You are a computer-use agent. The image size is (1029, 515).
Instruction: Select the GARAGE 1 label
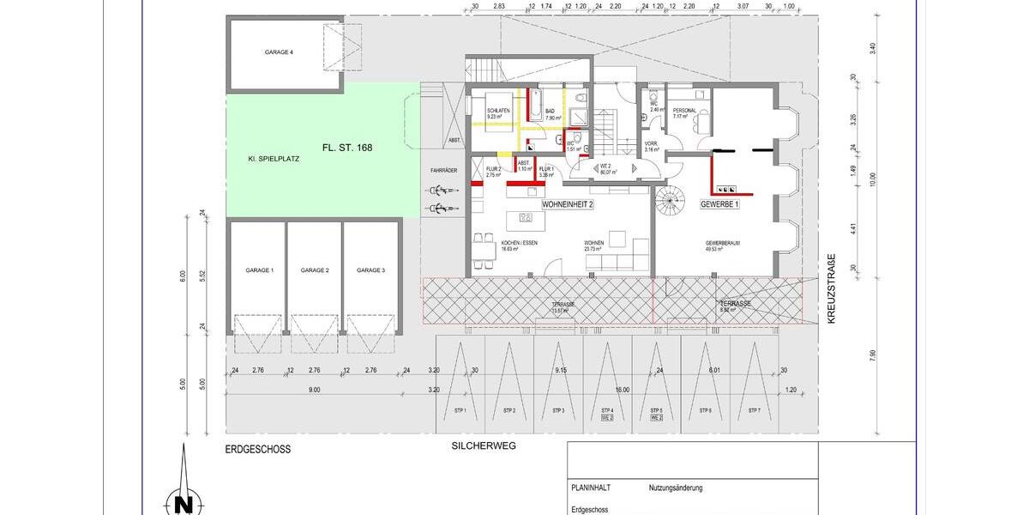(260, 270)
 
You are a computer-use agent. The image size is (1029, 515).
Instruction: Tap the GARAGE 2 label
(315, 270)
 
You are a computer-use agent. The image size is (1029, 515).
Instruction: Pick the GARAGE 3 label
(370, 270)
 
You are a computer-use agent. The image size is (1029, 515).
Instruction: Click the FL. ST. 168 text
(347, 148)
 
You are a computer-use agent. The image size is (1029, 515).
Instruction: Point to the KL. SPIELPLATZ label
(273, 160)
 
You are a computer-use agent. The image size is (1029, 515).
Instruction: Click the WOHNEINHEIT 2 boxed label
(567, 205)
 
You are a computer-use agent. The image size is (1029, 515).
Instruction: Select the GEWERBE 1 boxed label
(719, 205)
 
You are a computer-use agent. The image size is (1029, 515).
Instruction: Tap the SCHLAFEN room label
(499, 112)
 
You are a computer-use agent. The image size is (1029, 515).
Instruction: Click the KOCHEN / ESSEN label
(519, 244)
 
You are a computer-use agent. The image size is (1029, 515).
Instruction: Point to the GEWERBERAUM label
(723, 244)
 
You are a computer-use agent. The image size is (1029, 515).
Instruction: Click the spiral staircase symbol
(671, 203)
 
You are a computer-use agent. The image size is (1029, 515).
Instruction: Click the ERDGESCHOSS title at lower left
(258, 449)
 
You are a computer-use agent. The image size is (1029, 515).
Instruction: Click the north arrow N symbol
(182, 500)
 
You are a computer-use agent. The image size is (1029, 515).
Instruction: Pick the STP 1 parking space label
(460, 411)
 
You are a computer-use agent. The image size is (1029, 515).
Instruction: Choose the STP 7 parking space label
(755, 411)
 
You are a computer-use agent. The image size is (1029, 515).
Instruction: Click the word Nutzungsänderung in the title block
(676, 488)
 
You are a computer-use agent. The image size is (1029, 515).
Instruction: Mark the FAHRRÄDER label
(443, 171)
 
